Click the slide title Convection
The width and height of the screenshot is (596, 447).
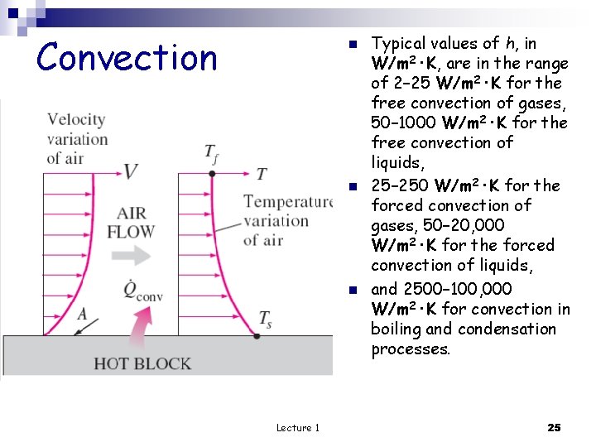click(127, 58)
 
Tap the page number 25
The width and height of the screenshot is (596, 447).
click(554, 427)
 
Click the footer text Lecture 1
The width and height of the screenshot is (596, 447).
click(298, 427)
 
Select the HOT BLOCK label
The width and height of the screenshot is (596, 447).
click(142, 363)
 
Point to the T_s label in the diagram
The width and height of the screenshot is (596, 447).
click(265, 319)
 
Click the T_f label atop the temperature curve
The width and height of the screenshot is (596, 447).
click(212, 152)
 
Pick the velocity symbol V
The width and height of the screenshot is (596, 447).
click(131, 171)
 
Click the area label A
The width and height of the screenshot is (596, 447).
click(82, 313)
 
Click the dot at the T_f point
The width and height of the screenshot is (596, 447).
click(212, 174)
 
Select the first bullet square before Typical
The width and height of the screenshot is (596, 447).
click(351, 44)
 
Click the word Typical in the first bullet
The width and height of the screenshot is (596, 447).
click(399, 43)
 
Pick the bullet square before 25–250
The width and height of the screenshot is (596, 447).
click(351, 186)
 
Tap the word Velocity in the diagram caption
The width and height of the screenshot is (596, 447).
click(76, 119)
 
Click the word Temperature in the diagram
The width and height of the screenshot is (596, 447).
click(287, 201)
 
